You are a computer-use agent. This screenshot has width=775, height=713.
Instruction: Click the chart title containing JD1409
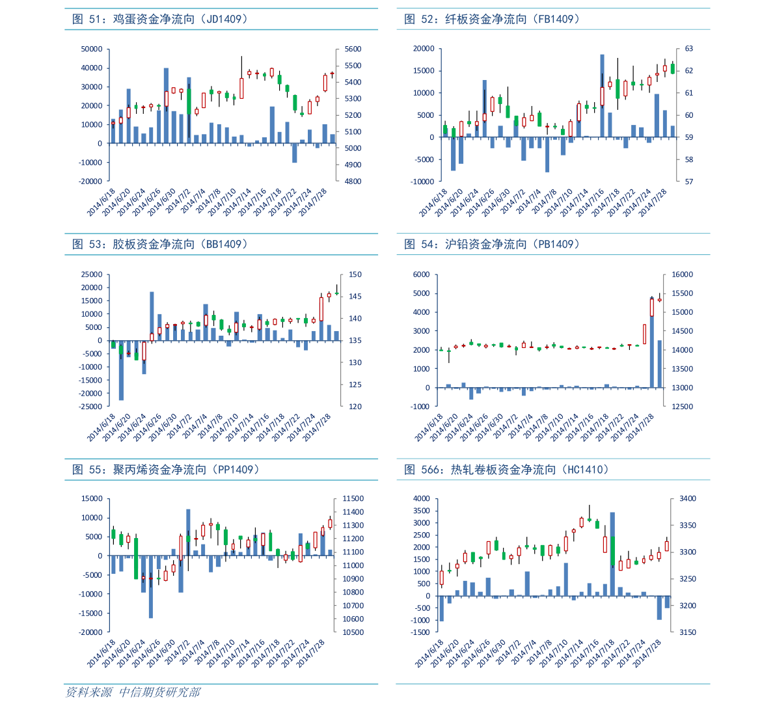pyautogui.click(x=160, y=20)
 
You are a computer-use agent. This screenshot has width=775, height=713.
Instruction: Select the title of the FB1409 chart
pyautogui.click(x=492, y=20)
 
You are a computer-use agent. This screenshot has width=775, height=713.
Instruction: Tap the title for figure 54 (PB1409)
pyautogui.click(x=492, y=245)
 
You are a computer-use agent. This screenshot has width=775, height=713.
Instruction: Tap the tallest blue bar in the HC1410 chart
pyautogui.click(x=612, y=554)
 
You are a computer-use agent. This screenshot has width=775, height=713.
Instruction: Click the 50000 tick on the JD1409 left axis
pyautogui.click(x=92, y=49)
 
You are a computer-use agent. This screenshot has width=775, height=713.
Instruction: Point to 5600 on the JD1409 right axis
pyautogui.click(x=353, y=49)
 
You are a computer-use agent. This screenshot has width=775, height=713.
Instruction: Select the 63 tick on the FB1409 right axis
pyautogui.click(x=689, y=49)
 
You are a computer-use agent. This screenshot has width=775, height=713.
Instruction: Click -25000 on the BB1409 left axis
pyautogui.click(x=92, y=407)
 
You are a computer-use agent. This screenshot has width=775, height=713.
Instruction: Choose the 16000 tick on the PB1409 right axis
pyautogui.click(x=683, y=275)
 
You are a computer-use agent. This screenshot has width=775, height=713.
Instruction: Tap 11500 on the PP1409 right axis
pyautogui.click(x=353, y=499)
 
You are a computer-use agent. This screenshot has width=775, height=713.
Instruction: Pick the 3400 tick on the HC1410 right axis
pyautogui.click(x=688, y=499)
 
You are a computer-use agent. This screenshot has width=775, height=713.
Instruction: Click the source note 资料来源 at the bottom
pyautogui.click(x=88, y=692)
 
